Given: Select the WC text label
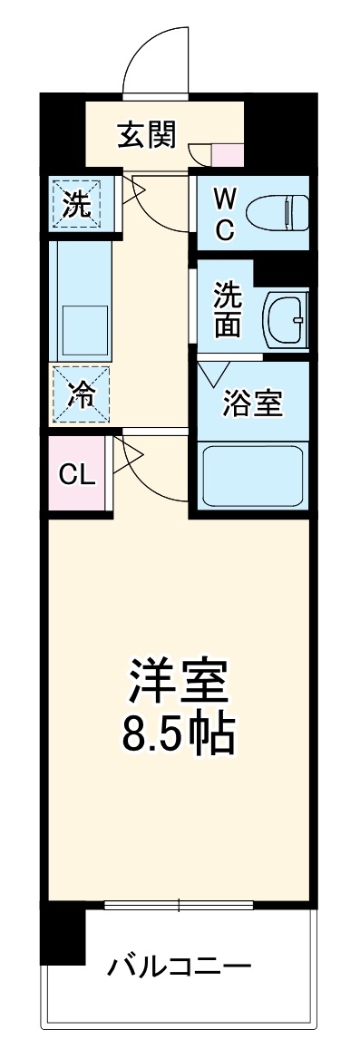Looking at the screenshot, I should tap(224, 213).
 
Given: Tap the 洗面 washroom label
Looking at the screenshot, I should tap(227, 309).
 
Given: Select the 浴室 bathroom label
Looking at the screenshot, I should tap(254, 403).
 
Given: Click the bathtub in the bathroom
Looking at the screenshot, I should tap(253, 476).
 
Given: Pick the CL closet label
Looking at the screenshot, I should tap(76, 473).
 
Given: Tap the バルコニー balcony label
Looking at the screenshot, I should tap(179, 965).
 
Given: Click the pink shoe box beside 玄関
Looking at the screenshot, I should tap(227, 155).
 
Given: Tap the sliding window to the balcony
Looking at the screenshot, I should tap(178, 905).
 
